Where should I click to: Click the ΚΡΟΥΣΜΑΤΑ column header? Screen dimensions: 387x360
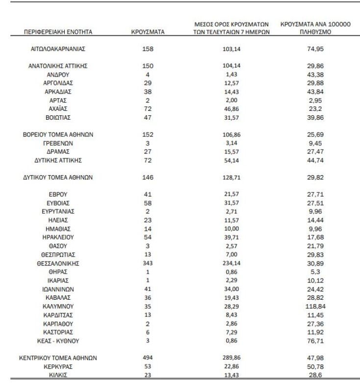coord(148,32)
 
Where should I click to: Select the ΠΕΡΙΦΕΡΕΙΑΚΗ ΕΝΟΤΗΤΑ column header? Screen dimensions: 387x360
coord(58,32)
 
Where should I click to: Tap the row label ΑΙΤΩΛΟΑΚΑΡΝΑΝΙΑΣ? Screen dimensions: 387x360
coord(58,49)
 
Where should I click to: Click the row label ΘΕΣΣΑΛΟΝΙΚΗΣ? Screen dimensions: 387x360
coord(58,263)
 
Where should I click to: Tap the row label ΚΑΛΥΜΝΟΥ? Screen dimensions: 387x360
coord(58,308)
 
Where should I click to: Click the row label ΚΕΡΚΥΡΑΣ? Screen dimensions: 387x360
coord(58,366)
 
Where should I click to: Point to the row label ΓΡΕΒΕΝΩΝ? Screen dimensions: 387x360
coord(58,143)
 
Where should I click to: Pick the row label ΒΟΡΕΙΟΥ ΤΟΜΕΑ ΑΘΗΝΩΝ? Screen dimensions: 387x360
coord(58,134)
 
